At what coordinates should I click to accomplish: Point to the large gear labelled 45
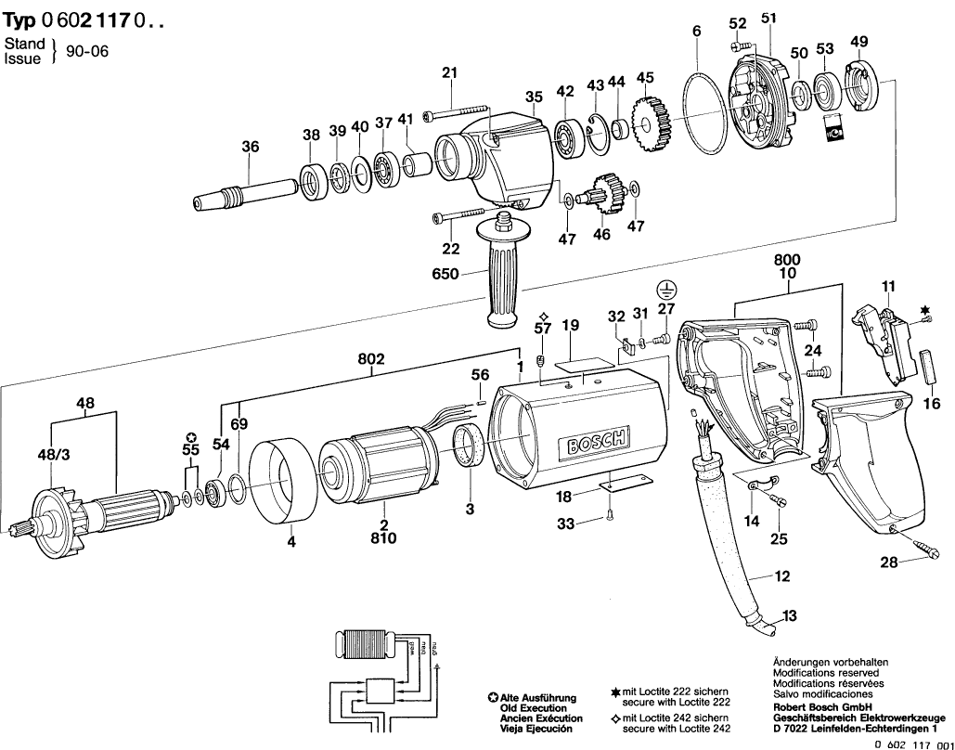[646, 121]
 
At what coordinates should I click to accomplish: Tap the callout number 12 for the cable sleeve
[781, 576]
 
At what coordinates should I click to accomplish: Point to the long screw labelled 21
[452, 115]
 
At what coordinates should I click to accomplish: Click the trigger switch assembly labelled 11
[884, 344]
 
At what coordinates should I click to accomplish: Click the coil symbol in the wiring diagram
[364, 645]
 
